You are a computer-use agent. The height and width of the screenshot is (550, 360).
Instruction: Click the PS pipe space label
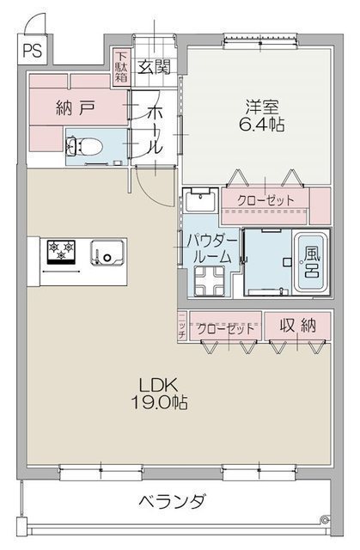(33, 50)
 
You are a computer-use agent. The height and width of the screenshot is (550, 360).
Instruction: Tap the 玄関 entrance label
(155, 66)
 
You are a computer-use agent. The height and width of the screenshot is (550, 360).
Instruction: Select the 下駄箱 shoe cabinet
(121, 67)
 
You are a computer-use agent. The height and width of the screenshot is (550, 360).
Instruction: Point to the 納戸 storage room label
(76, 107)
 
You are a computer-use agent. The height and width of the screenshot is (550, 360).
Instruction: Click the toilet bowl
(85, 146)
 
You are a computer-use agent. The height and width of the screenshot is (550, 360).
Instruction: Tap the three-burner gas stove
(62, 251)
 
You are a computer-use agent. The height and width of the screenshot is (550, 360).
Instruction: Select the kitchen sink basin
(107, 252)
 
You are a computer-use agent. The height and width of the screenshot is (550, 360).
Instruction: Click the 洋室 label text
(262, 107)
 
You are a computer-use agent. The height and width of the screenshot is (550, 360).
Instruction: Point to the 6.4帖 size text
(261, 124)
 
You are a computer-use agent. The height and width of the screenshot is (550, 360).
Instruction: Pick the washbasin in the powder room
(201, 200)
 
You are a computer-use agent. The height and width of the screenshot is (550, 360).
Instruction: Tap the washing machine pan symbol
(210, 281)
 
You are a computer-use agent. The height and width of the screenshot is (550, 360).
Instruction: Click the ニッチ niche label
(182, 325)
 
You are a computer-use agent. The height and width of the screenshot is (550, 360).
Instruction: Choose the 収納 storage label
(298, 326)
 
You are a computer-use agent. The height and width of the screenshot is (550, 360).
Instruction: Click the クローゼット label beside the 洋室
(265, 200)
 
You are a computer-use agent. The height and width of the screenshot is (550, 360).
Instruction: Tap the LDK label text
(158, 386)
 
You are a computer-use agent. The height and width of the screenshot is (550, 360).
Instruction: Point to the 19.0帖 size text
(159, 403)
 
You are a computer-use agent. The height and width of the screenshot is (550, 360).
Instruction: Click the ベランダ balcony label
(172, 502)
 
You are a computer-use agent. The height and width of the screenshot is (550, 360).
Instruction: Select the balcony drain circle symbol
(325, 519)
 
